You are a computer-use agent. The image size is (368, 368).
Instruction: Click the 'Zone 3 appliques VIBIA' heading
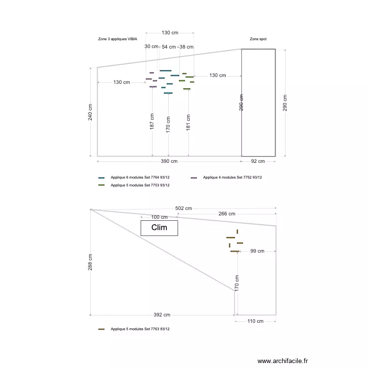118,39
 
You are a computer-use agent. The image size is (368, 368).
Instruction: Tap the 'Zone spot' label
258,39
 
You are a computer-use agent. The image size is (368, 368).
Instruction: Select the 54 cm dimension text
169,47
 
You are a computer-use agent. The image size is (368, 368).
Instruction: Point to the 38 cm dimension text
186,47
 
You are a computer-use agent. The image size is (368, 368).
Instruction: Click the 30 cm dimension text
152,47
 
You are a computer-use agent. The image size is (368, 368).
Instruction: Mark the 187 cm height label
152,122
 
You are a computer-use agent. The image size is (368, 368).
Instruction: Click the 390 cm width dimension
169,161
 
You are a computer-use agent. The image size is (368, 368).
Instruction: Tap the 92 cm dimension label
258,161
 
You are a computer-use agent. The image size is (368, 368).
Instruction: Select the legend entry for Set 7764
140,178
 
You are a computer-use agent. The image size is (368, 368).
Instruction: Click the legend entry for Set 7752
232,178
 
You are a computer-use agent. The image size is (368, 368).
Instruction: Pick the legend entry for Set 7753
140,185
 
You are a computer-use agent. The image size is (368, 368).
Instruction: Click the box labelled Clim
159,228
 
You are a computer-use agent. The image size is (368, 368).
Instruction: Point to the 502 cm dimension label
183,209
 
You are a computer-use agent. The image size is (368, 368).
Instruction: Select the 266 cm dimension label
226,213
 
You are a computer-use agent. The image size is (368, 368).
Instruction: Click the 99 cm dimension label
257,251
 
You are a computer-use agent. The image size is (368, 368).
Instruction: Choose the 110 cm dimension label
255,321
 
